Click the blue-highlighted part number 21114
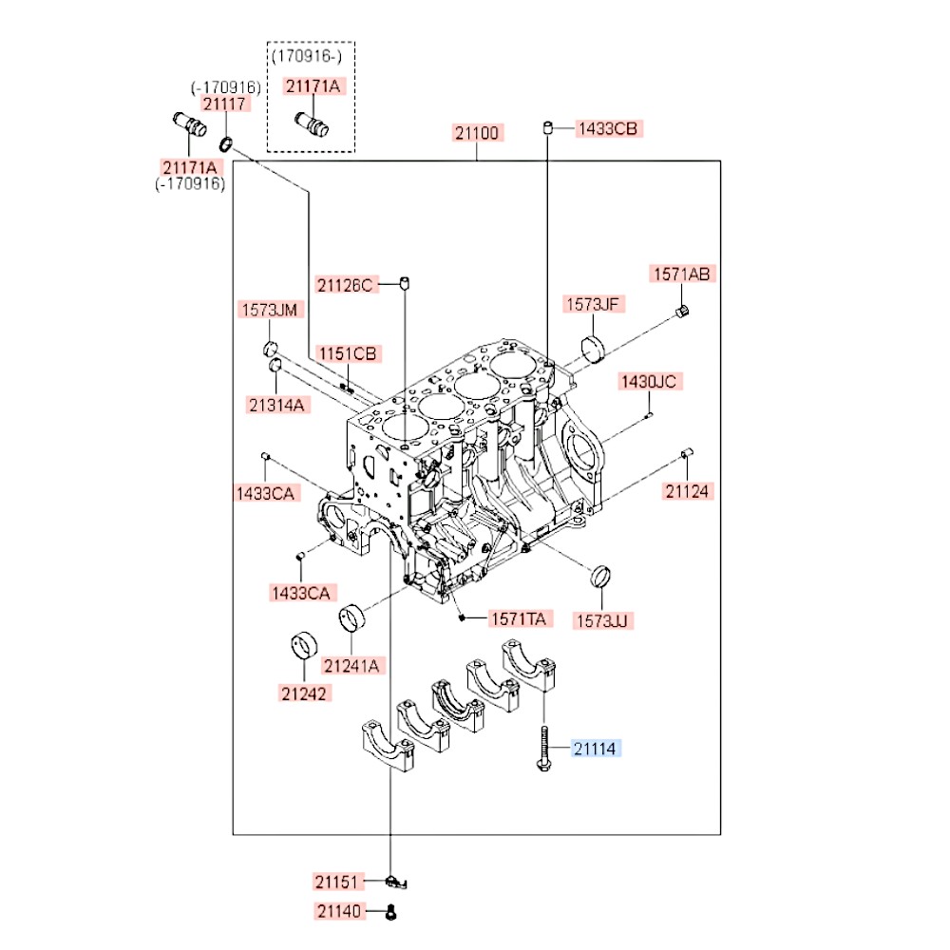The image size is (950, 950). [594, 750]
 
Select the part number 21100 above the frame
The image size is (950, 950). [477, 133]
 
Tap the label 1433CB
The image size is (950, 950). [607, 128]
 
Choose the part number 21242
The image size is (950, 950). [304, 693]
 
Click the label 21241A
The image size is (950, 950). [350, 666]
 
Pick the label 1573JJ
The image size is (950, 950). [602, 620]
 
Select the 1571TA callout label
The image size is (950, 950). [518, 619]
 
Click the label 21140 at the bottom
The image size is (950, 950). [338, 912]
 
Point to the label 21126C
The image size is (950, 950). [347, 283]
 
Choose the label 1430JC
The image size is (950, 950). [649, 382]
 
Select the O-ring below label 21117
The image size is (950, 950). [226, 144]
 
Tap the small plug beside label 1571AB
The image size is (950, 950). [681, 313]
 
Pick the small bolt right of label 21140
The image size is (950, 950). [391, 913]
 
